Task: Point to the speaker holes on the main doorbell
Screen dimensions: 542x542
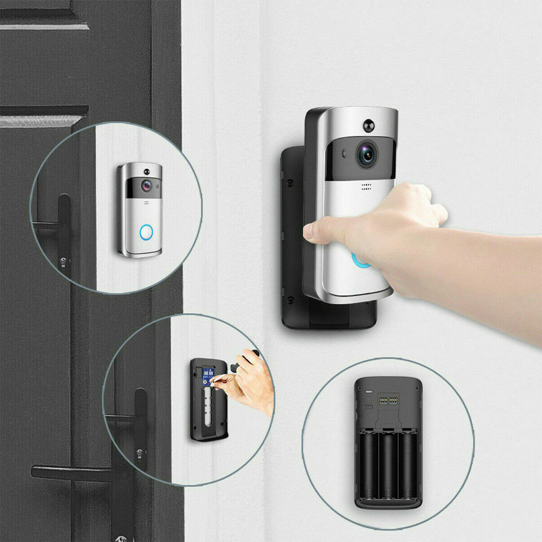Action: [367, 187]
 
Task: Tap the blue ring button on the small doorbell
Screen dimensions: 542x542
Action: [146, 232]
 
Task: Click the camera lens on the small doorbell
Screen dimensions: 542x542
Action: [146, 185]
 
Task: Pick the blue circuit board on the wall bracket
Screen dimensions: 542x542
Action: [208, 376]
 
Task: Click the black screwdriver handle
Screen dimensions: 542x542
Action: [245, 360]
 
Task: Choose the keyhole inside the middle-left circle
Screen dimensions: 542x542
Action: [140, 452]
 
